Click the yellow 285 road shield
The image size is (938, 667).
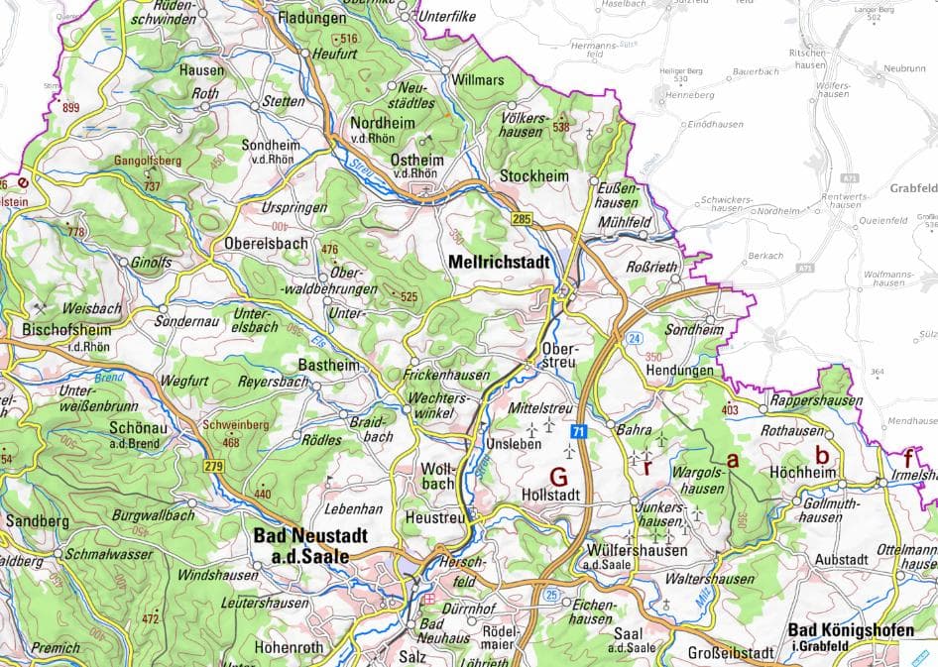click(523, 217)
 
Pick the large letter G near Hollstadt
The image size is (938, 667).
click(558, 475)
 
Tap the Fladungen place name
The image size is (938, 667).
click(311, 18)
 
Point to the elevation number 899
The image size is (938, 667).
click(70, 108)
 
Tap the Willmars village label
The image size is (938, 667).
click(477, 78)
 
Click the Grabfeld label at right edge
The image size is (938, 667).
click(913, 188)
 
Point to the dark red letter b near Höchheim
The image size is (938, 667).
click(821, 456)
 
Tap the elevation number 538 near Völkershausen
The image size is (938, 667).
click(561, 127)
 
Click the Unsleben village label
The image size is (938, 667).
click(514, 443)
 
